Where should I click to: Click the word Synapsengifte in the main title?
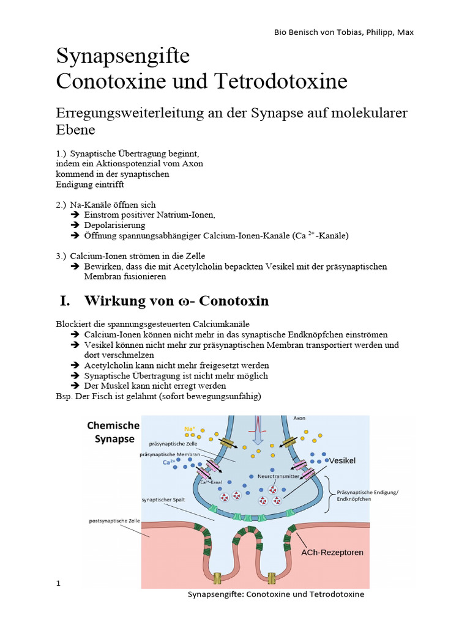tap(123, 57)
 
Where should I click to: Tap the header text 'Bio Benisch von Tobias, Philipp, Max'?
tap(343, 32)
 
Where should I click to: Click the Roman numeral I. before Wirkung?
tap(65, 301)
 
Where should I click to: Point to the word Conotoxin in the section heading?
tap(236, 301)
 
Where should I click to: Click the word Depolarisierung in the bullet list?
tap(114, 225)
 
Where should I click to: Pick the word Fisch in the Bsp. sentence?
tap(101, 396)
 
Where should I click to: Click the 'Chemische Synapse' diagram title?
tap(114, 432)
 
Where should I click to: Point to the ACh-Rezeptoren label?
tap(332, 552)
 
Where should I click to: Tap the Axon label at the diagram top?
tap(300, 418)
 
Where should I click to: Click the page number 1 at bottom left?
tap(59, 583)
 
